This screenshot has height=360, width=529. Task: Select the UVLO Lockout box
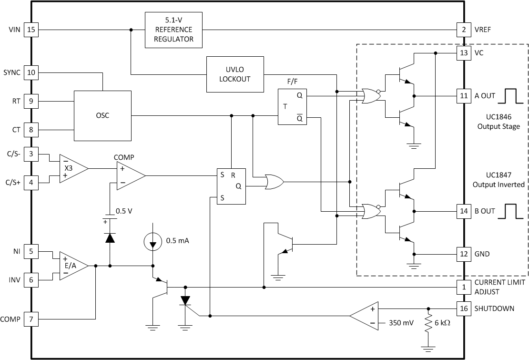(235, 74)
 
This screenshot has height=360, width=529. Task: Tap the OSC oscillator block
(102, 115)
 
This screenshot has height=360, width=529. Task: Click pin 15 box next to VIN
(31, 30)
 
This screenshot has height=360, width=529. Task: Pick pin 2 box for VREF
(463, 30)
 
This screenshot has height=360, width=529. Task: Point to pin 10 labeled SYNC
(31, 73)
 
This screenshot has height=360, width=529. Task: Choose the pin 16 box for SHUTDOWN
(463, 309)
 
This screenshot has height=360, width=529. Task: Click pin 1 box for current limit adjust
(463, 287)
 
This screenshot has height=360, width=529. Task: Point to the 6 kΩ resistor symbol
(428, 323)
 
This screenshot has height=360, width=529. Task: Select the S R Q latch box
(231, 186)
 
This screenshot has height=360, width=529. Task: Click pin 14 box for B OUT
(463, 211)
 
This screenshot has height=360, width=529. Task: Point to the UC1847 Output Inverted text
(498, 180)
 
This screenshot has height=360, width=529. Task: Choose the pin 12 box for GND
(463, 254)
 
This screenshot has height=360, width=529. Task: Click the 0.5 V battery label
(124, 210)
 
